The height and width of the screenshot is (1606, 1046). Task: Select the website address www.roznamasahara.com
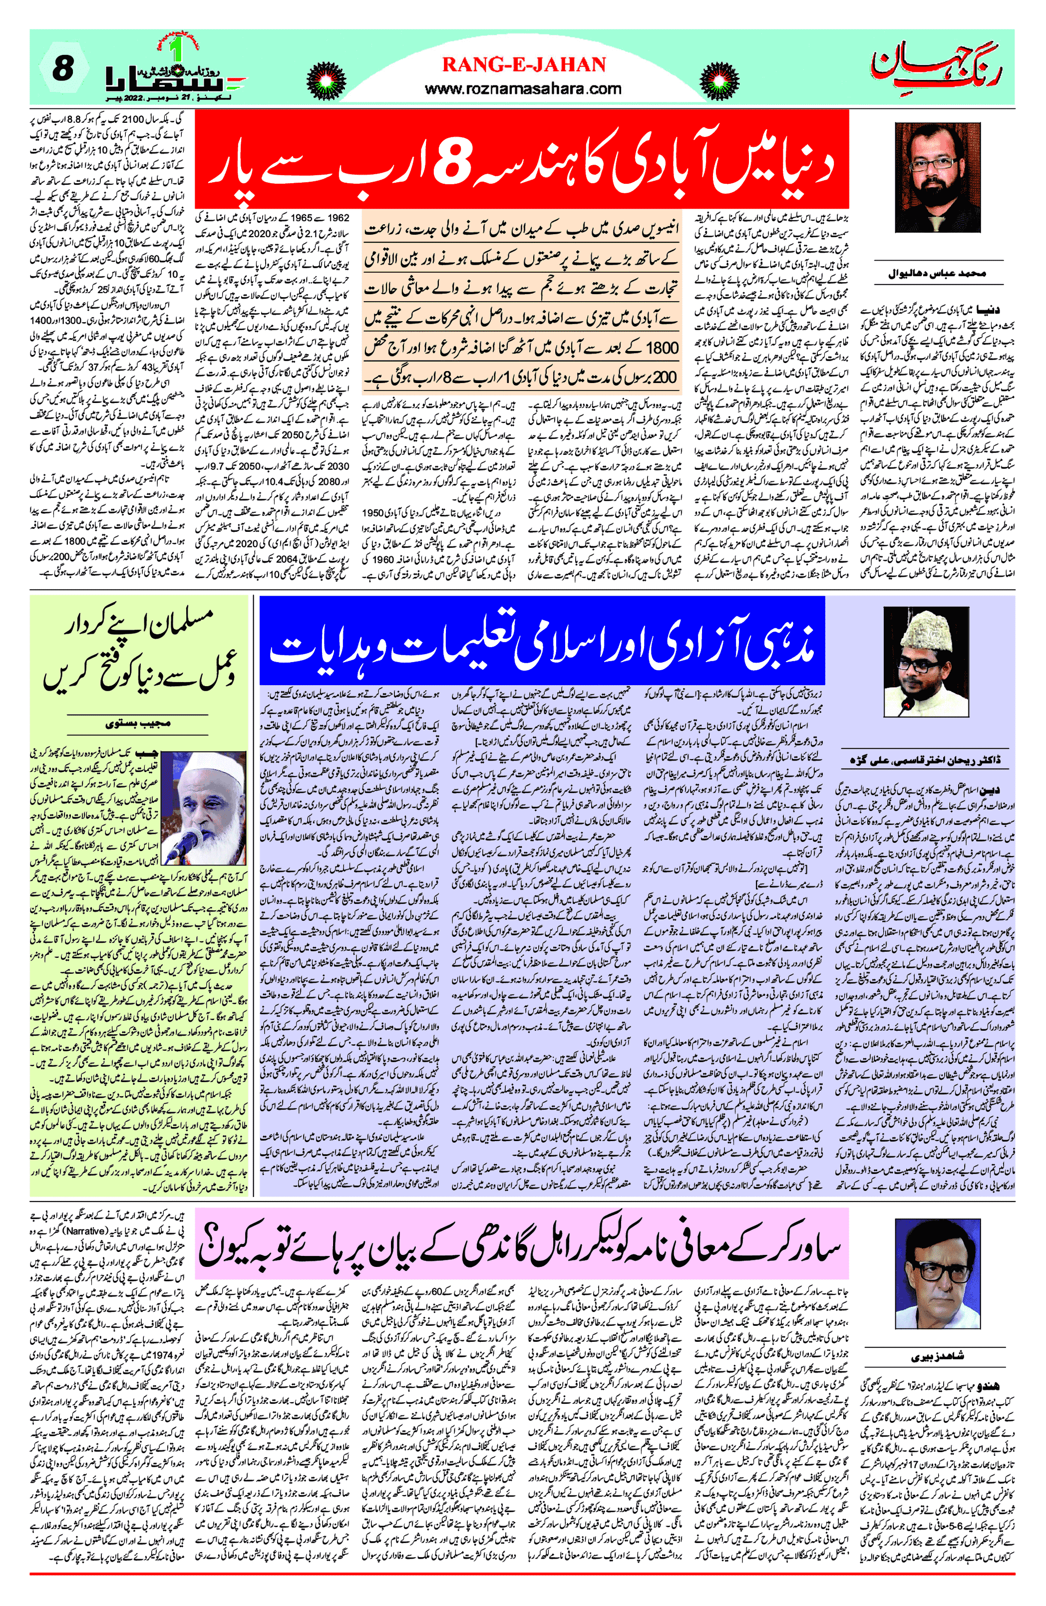[x=523, y=88]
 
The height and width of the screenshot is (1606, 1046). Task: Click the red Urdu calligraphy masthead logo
[x=936, y=67]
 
